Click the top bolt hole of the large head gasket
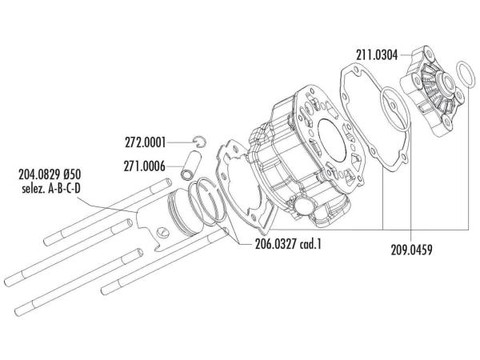(345, 73)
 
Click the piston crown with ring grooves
(185, 211)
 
